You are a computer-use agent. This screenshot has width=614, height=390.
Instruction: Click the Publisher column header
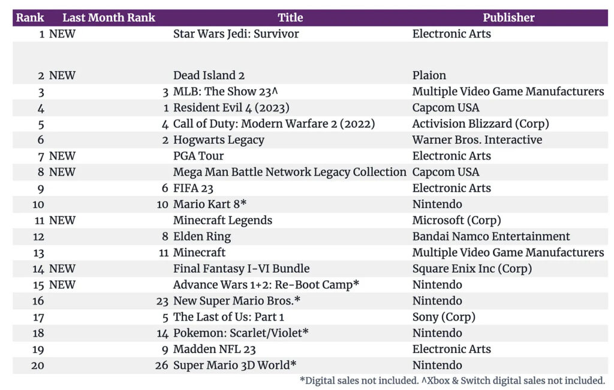click(x=508, y=17)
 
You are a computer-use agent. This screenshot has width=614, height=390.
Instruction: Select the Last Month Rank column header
click(x=109, y=17)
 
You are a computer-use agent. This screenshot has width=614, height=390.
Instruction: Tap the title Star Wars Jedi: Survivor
click(x=236, y=34)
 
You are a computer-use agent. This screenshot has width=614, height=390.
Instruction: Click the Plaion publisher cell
click(x=429, y=75)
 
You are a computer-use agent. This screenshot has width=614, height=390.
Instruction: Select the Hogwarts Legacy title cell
click(x=218, y=140)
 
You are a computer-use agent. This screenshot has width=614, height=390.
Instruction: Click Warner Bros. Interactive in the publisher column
click(x=477, y=140)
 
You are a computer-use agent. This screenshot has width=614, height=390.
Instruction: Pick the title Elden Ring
click(x=201, y=237)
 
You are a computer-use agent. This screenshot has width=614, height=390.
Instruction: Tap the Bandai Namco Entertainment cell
click(x=490, y=237)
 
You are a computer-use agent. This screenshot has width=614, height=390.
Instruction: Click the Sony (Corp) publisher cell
click(x=443, y=317)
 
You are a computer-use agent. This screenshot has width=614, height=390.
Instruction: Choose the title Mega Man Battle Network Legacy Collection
click(x=290, y=173)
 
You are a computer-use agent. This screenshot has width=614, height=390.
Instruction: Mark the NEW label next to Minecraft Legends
click(x=62, y=220)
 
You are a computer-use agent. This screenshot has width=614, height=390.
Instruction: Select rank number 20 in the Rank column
click(x=38, y=365)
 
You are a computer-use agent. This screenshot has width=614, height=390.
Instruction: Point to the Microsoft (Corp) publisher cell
click(x=456, y=220)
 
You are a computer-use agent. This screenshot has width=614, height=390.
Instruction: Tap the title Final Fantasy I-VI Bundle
click(x=241, y=269)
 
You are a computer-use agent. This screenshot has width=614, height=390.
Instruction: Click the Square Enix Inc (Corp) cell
click(x=472, y=269)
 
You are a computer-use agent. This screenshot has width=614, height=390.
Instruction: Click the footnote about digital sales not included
click(x=452, y=380)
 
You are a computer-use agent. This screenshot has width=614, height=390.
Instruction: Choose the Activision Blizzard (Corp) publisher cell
click(x=480, y=124)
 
